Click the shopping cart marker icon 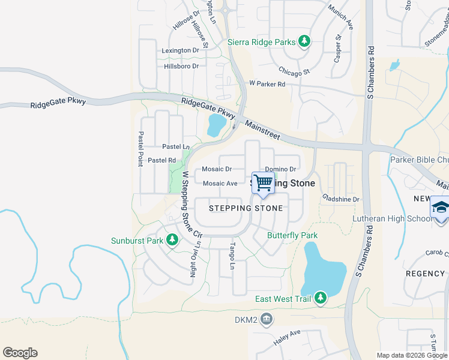tap(263, 183)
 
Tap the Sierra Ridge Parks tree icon tap(305, 41)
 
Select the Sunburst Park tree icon tap(172, 241)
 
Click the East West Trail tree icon tap(321, 298)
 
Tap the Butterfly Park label tap(292, 236)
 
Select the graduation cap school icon tap(440, 207)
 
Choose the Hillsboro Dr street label tap(181, 66)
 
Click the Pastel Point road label tap(141, 149)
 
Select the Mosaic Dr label tap(217, 169)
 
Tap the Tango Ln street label tap(232, 254)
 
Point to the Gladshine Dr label tap(340, 199)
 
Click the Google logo tap(20, 353)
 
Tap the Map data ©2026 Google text tap(411, 355)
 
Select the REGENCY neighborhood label tap(425, 274)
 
